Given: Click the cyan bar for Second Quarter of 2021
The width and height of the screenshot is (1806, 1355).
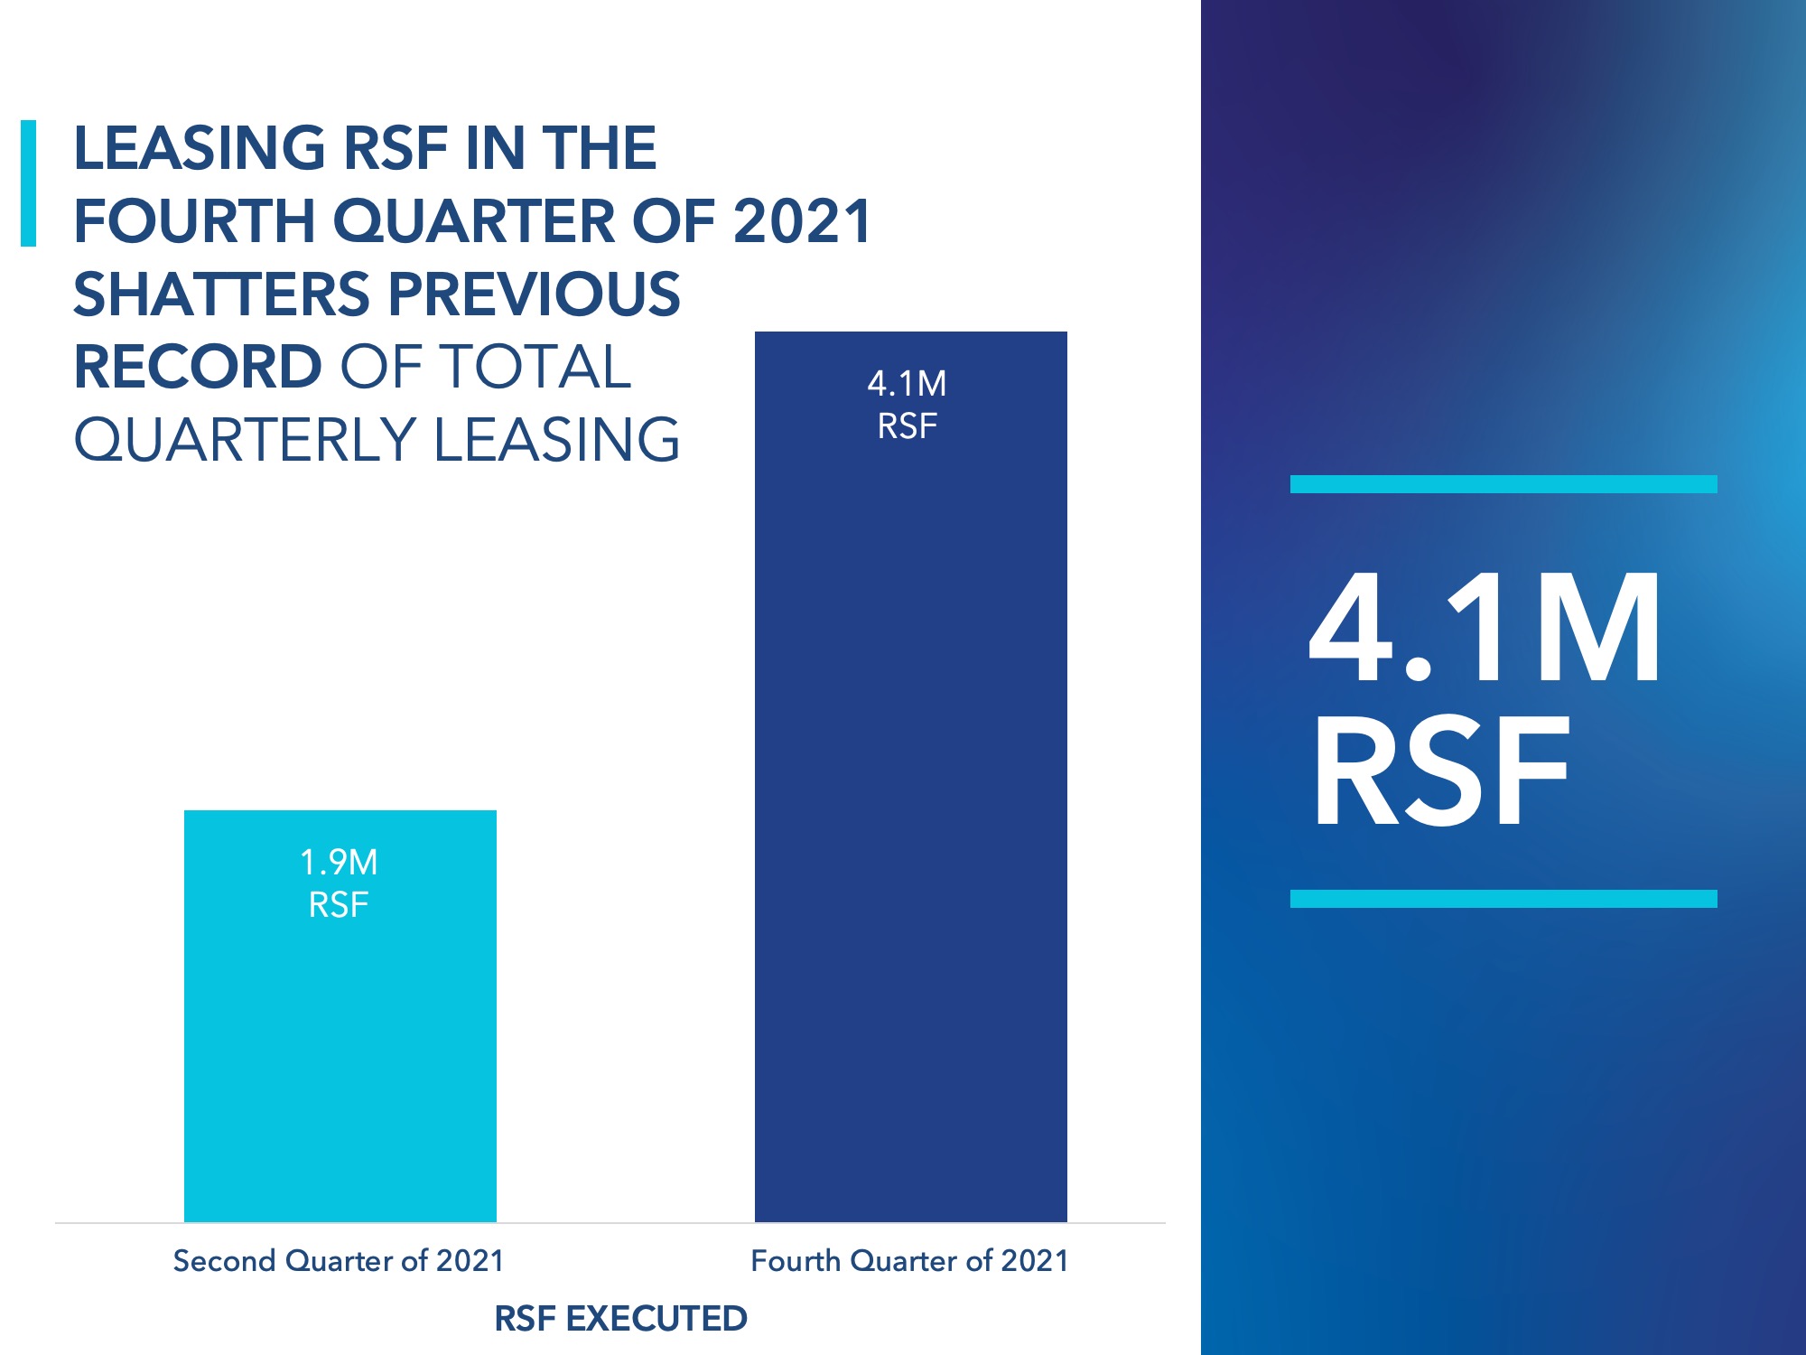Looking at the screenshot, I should click(x=340, y=1066).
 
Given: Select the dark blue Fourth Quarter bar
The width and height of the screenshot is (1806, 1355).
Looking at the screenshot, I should click(x=910, y=813).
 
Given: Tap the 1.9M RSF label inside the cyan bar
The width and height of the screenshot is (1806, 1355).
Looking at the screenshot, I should click(x=339, y=883).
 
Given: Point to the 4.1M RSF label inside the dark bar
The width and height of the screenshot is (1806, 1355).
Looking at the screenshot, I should click(x=907, y=405).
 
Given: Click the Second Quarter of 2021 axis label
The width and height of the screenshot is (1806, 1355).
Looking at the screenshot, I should click(x=339, y=1260).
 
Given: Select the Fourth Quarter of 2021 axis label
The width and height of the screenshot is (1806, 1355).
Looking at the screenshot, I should click(x=909, y=1260).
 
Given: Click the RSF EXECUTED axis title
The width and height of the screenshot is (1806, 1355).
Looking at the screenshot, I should click(x=620, y=1319).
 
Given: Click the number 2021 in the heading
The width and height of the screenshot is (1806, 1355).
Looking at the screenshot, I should click(x=802, y=221).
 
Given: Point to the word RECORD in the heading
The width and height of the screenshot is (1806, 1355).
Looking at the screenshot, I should click(x=198, y=367).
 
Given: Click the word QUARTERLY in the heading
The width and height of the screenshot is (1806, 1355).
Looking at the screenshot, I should click(x=245, y=440).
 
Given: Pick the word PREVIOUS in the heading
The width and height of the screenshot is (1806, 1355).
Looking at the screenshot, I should click(x=535, y=294).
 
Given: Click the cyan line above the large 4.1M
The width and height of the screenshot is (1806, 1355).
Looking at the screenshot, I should click(x=1503, y=484).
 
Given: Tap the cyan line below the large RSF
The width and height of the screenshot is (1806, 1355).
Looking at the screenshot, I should click(x=1503, y=899).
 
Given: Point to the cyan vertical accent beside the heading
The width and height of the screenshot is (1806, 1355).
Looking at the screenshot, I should click(x=28, y=183).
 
